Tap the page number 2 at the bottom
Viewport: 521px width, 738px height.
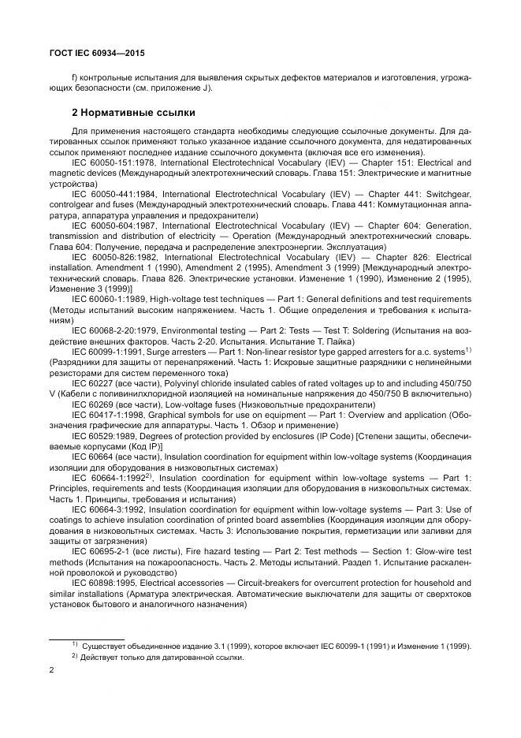click(51, 671)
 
